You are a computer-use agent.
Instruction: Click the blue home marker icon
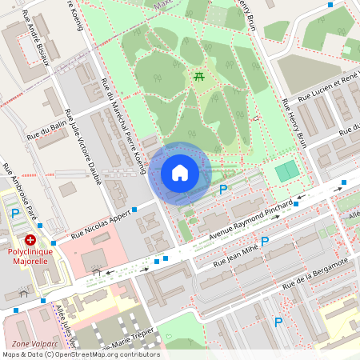pos(180,173)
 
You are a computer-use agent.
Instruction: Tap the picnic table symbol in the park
pos(198,77)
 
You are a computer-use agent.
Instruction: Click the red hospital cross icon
pos(30,239)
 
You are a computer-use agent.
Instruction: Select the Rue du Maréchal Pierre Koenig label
pos(122,128)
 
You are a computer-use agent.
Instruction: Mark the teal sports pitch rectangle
pos(286,171)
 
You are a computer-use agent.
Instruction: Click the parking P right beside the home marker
pos(223,190)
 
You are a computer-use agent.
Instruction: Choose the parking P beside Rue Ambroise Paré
pos(15,214)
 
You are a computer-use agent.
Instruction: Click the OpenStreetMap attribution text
pos(80,354)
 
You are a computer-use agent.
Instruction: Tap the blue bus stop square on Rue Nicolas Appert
pos(134,210)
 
